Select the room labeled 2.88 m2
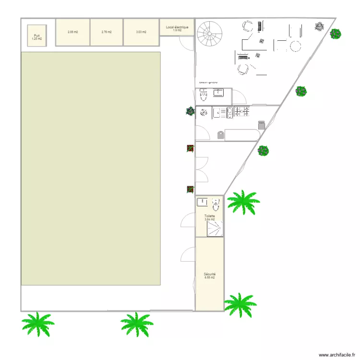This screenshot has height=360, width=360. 73,32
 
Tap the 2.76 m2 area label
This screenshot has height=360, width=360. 107,32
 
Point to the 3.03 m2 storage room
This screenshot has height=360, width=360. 141,32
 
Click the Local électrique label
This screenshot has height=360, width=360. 177,28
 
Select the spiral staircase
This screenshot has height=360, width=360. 210,34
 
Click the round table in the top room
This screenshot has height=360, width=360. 296,47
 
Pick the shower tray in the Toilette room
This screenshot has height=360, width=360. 215,228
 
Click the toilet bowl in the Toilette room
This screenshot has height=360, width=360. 216,206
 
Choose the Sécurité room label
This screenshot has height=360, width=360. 209,276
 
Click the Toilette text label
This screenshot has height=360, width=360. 209,216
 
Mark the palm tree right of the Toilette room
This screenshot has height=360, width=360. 243,202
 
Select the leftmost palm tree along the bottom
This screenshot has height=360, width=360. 37,324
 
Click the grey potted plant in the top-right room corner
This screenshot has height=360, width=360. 319,26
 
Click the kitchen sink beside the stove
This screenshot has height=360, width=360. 220,113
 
